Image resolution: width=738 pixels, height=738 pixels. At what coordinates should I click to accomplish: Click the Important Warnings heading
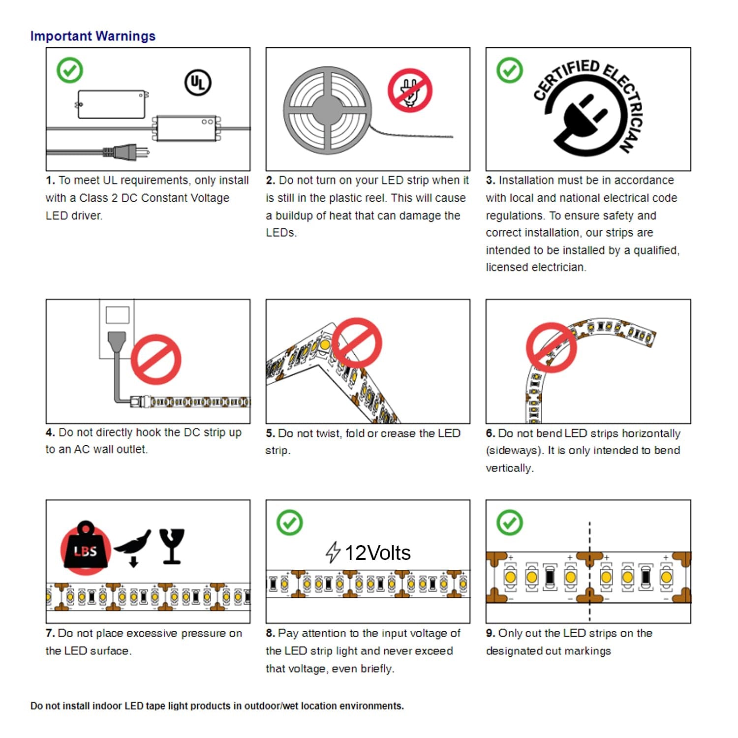coord(93,36)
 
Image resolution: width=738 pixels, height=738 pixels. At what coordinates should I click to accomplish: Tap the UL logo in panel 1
coord(198,83)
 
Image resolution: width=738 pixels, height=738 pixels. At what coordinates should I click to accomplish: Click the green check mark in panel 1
coord(70,70)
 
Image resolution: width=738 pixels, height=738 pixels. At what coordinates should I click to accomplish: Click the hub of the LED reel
coord(326,109)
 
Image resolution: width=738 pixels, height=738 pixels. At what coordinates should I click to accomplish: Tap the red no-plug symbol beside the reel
coord(410,91)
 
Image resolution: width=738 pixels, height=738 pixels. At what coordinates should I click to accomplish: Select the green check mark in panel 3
coord(510,70)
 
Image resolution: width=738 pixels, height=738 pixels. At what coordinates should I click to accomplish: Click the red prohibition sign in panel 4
coord(156,359)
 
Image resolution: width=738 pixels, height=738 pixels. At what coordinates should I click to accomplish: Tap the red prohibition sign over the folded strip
coord(357,343)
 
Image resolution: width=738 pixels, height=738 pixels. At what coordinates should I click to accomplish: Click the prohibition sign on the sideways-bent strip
coord(552,347)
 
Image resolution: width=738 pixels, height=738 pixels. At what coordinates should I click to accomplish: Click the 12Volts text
coord(377,553)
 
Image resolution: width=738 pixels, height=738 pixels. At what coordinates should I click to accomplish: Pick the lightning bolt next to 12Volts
coord(333,552)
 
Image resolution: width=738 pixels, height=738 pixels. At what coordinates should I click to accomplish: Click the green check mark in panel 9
coord(510,523)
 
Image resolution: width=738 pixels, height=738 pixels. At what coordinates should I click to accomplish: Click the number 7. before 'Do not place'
coord(50,633)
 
